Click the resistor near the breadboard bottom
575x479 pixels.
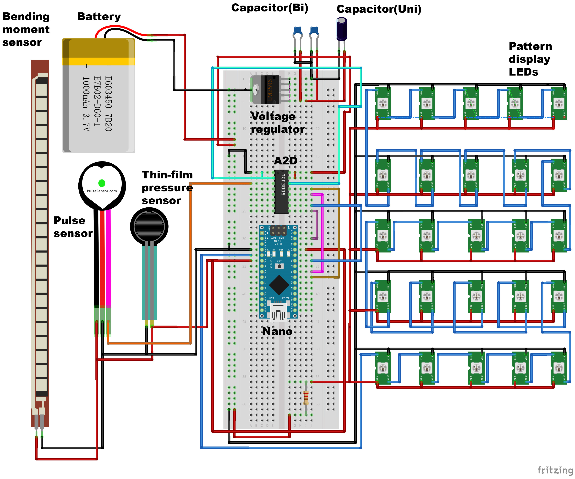coord(306,397)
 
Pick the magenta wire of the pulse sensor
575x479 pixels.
coord(108,258)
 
